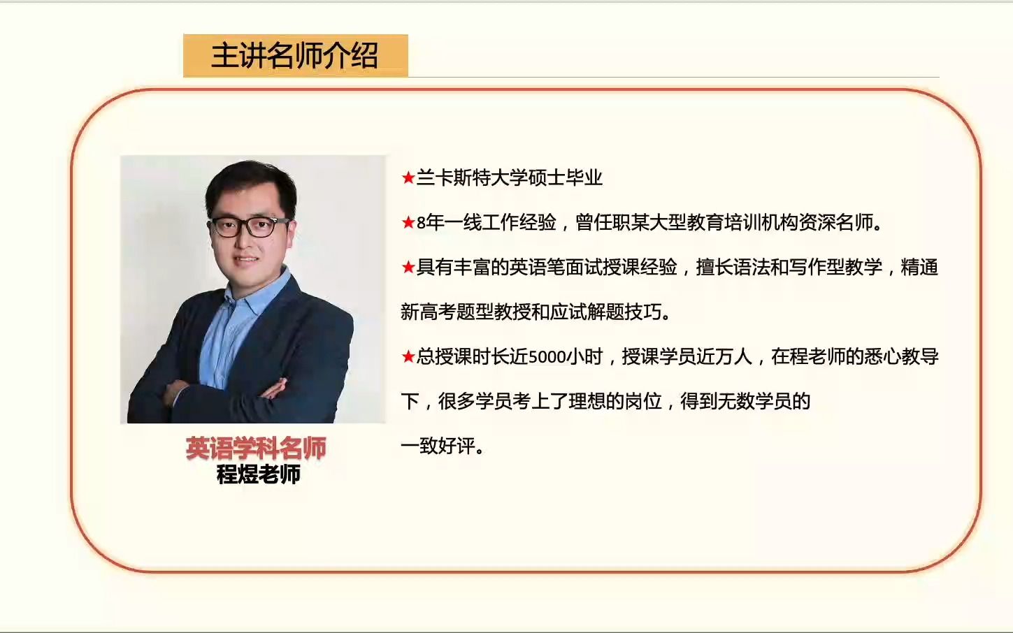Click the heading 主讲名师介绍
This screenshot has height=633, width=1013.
pyautogui.click(x=294, y=56)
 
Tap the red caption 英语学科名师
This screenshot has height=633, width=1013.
pyautogui.click(x=256, y=449)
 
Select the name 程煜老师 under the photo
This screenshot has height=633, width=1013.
pyautogui.click(x=258, y=474)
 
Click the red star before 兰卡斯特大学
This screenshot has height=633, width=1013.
pyautogui.click(x=408, y=177)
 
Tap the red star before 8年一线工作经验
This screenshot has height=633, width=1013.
pyautogui.click(x=408, y=222)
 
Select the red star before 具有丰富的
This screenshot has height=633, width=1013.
pyautogui.click(x=408, y=267)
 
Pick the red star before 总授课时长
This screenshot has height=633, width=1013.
pyautogui.click(x=408, y=356)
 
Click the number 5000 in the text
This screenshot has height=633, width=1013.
pyautogui.click(x=547, y=358)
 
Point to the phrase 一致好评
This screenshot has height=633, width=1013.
pyautogui.click(x=438, y=446)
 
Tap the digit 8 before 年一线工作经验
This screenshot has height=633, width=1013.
pyautogui.click(x=421, y=223)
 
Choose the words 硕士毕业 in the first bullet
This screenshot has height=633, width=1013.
pyautogui.click(x=565, y=177)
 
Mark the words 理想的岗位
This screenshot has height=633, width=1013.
pyautogui.click(x=615, y=401)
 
